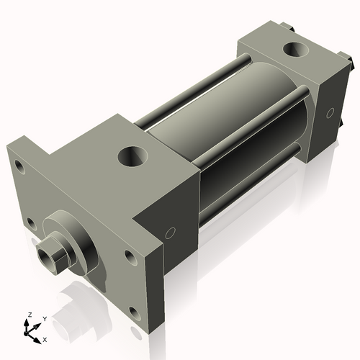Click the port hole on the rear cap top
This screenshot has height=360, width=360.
point(294,50)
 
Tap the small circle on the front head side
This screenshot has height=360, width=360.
point(171,232)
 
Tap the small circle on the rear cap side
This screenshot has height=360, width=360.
point(330,112)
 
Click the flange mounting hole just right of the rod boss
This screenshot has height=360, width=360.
point(129,255)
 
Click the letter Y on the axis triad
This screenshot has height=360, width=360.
point(44,318)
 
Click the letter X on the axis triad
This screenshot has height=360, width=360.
point(45,338)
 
